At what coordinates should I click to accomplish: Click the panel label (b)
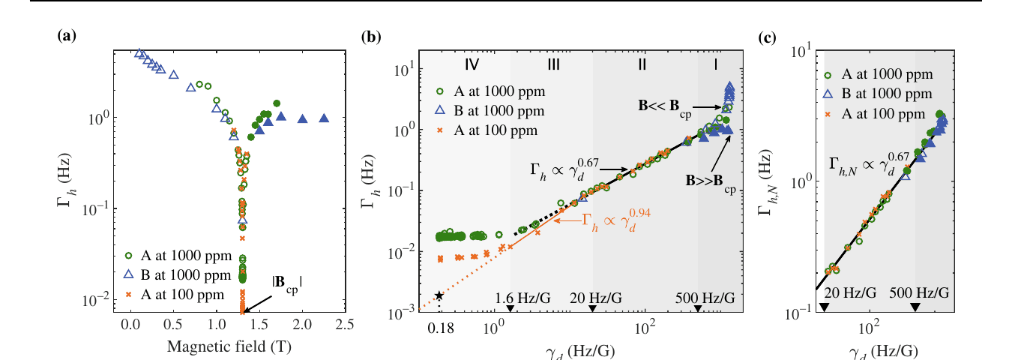click(x=370, y=35)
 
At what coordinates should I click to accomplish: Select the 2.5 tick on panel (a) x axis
click(x=345, y=325)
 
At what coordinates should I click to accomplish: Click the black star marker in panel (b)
click(x=439, y=295)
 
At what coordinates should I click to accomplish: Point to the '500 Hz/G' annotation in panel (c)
click(x=917, y=292)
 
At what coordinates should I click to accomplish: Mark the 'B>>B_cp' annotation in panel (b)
click(x=710, y=182)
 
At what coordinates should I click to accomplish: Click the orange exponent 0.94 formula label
click(x=618, y=220)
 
